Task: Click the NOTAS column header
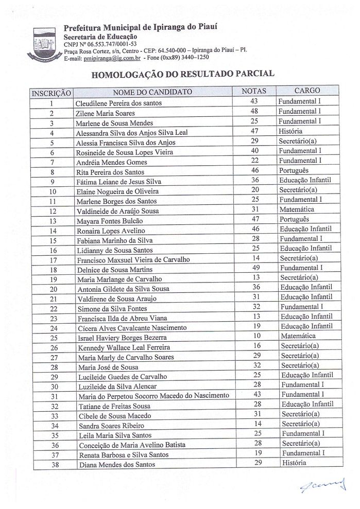coord(254,91)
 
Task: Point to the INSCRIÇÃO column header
coord(52,93)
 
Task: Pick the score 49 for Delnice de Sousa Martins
coord(255,268)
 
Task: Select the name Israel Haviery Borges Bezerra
coord(122,338)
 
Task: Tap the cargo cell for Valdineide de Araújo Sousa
coord(296,209)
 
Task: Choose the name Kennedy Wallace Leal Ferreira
coord(124,347)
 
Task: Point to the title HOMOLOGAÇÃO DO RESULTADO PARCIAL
coord(183,74)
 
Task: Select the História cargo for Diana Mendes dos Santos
coord(294,463)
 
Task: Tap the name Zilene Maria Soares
coord(105,113)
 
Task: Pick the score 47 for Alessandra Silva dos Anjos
coord(254,131)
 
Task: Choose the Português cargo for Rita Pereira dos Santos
coord(294,170)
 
